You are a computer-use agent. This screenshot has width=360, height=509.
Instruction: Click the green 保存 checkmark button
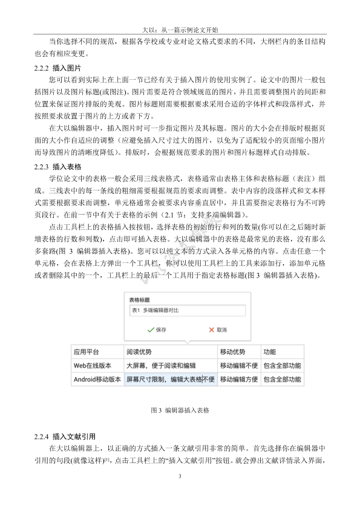click(x=156, y=330)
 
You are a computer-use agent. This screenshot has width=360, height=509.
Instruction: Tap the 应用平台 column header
click(x=86, y=352)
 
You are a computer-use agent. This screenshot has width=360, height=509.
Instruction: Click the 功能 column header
click(x=270, y=352)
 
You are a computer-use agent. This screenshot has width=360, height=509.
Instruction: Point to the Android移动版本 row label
click(x=97, y=380)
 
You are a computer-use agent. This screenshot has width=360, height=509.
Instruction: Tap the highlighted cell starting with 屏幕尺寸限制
click(x=170, y=380)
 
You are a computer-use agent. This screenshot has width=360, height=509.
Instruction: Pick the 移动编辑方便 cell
click(x=238, y=380)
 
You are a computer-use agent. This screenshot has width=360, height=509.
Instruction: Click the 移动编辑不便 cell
click(x=238, y=366)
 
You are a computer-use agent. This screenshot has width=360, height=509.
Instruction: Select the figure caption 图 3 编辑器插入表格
click(x=180, y=410)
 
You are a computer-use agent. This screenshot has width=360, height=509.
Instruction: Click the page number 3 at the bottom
click(x=180, y=478)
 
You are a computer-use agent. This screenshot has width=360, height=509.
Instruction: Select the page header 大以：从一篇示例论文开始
click(x=180, y=28)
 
